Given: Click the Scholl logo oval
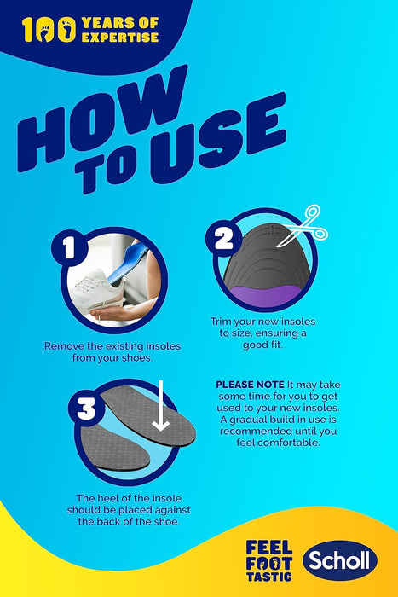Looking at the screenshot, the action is pyautogui.click(x=340, y=560).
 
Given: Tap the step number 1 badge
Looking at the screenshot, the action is pyautogui.click(x=69, y=249).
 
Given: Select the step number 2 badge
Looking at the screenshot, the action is pyautogui.click(x=224, y=239).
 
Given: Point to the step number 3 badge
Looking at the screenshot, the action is pyautogui.click(x=86, y=409).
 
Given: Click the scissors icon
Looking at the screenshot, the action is pyautogui.click(x=303, y=226).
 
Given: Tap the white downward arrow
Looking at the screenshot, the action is pyautogui.click(x=160, y=406).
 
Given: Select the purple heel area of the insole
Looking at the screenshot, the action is pyautogui.click(x=265, y=295).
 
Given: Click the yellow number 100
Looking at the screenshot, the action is pyautogui.click(x=49, y=30).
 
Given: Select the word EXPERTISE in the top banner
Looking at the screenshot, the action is pyautogui.click(x=120, y=37).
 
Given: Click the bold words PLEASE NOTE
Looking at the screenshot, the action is pyautogui.click(x=250, y=385).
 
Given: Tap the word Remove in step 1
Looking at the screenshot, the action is pyautogui.click(x=64, y=346).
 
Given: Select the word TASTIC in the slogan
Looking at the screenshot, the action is pyautogui.click(x=269, y=577).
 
